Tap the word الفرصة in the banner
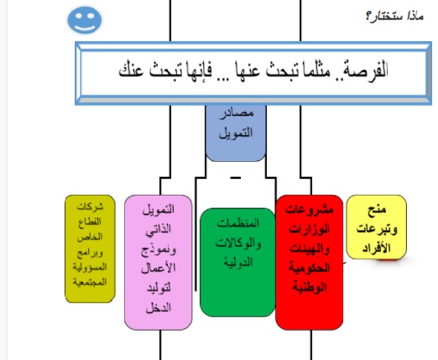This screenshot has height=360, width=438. [x=374, y=71]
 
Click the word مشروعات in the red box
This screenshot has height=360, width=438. [x=310, y=209]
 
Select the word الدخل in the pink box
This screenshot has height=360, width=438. [x=159, y=308]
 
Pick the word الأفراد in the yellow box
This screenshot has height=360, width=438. [x=375, y=248]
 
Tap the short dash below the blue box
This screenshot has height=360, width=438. [x=235, y=178]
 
